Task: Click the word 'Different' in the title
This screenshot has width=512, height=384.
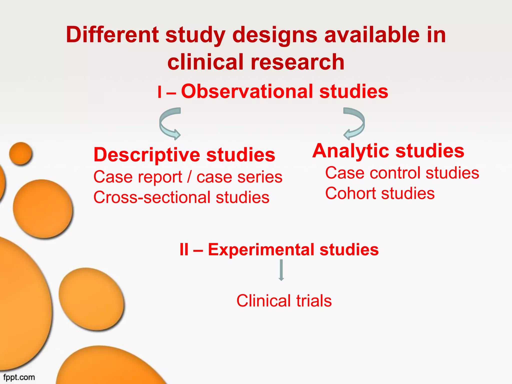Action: click(112, 35)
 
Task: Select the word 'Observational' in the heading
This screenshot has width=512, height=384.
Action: click(247, 91)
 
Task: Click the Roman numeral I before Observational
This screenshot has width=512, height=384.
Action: click(159, 92)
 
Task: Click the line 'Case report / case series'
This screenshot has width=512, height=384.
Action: click(188, 177)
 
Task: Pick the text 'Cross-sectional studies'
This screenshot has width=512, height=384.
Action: click(181, 197)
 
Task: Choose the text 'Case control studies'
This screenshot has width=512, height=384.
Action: click(402, 173)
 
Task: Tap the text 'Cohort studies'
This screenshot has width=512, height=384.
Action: click(380, 193)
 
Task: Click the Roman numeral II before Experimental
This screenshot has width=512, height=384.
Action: click(184, 250)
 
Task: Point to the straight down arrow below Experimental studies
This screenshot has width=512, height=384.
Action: click(281, 270)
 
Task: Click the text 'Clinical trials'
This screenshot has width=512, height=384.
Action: click(284, 301)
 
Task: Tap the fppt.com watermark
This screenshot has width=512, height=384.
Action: click(19, 377)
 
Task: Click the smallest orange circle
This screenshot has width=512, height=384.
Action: click(21, 153)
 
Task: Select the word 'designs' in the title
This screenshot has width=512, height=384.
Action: click(275, 35)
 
